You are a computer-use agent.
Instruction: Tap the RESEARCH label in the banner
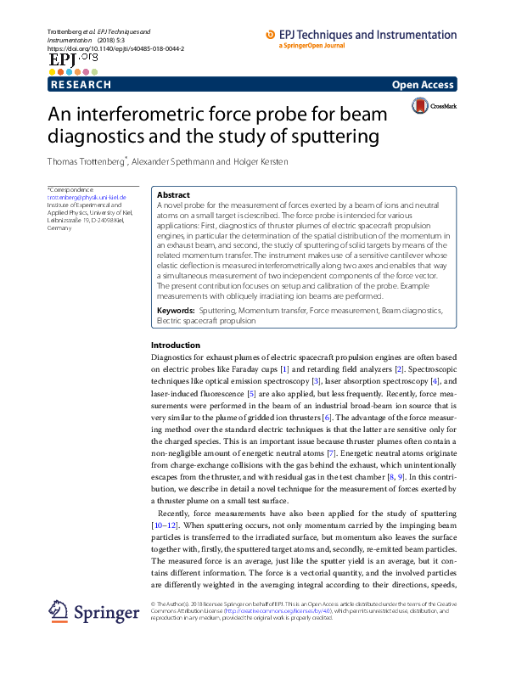tap(81, 85)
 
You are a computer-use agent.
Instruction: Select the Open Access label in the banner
tap(424, 85)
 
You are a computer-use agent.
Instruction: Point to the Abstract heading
tap(174, 195)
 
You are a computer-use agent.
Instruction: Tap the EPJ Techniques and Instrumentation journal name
tap(367, 35)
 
